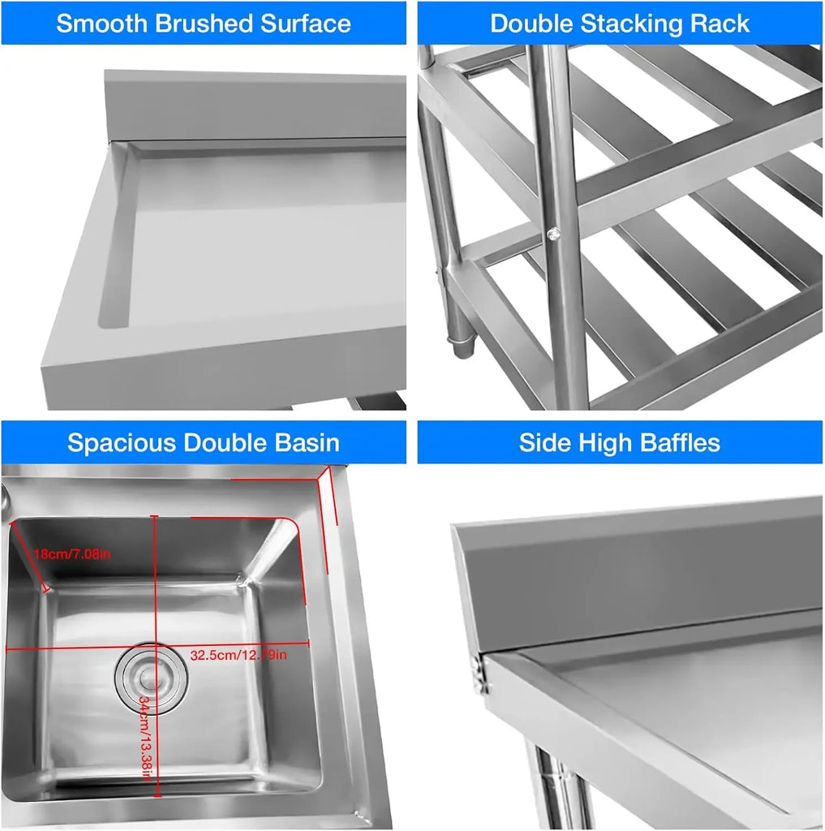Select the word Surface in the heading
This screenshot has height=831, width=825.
[x=306, y=24]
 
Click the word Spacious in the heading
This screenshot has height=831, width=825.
[x=122, y=443]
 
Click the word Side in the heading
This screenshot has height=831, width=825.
[x=544, y=443]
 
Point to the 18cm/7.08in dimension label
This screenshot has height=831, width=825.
[x=71, y=554]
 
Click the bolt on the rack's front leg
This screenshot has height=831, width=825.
[x=552, y=234]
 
